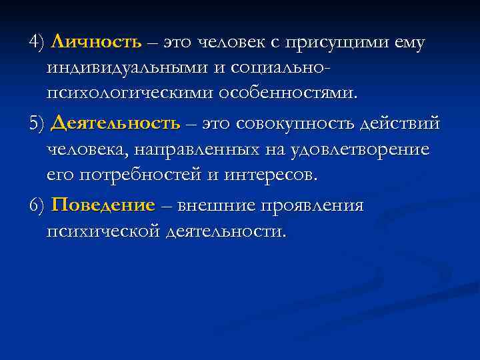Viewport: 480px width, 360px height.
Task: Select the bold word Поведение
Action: pyautogui.click(x=103, y=205)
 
